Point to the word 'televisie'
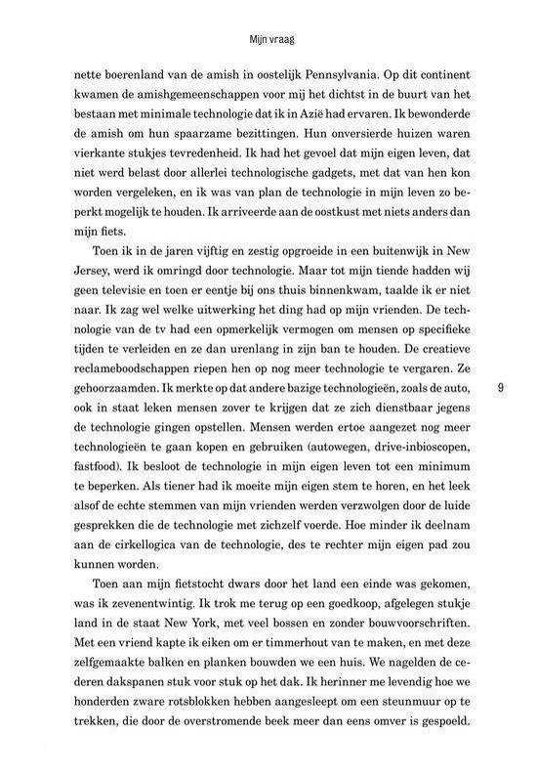coord(107,335)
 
